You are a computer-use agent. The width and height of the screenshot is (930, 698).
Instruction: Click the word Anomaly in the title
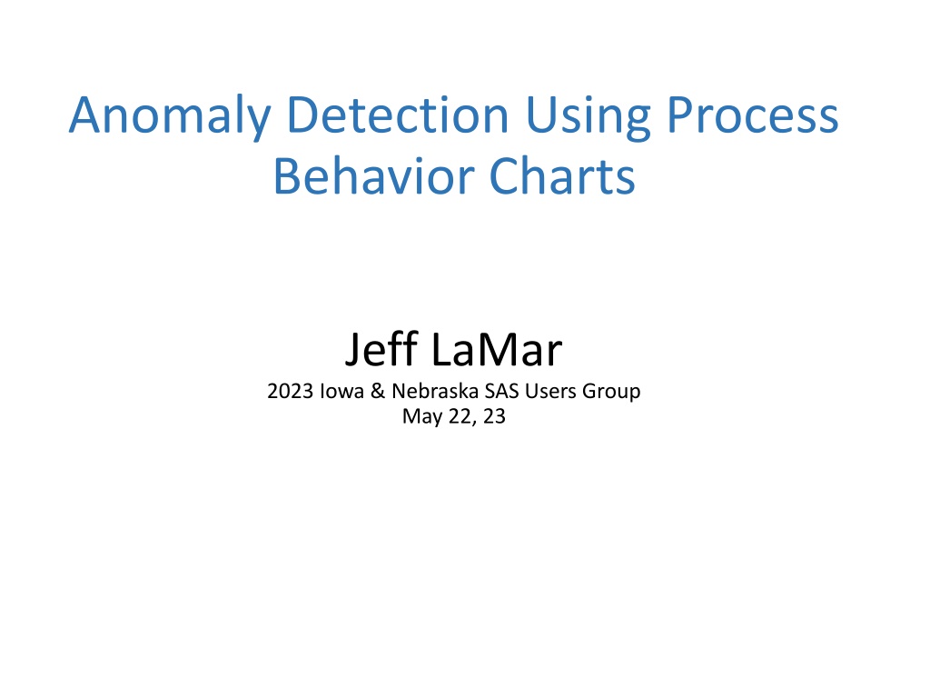click(x=170, y=116)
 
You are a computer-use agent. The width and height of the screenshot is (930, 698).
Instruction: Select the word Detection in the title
click(x=398, y=114)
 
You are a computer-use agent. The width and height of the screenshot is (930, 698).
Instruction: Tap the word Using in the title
click(x=588, y=117)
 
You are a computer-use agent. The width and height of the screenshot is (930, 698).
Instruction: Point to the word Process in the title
click(x=753, y=115)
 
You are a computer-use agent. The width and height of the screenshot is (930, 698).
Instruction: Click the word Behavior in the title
click(x=373, y=176)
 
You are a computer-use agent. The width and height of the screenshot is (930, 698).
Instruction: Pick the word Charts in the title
click(x=562, y=176)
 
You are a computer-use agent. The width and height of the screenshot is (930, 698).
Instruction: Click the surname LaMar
click(x=497, y=350)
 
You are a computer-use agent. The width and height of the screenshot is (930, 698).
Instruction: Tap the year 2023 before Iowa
click(x=290, y=391)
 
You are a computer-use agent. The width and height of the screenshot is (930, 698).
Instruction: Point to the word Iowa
click(x=341, y=391)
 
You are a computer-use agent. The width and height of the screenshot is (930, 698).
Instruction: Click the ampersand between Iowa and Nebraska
click(x=378, y=391)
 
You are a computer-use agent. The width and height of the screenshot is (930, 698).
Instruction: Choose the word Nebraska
click(x=435, y=391)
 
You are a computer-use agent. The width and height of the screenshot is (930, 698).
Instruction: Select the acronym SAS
click(x=501, y=391)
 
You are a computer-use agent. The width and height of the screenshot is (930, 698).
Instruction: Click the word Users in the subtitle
click(x=550, y=391)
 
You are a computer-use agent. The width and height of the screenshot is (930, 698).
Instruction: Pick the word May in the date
click(x=422, y=417)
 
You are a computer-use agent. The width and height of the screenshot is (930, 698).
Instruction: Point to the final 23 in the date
click(x=494, y=416)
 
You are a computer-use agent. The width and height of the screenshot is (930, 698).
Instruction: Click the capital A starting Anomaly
click(x=84, y=115)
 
